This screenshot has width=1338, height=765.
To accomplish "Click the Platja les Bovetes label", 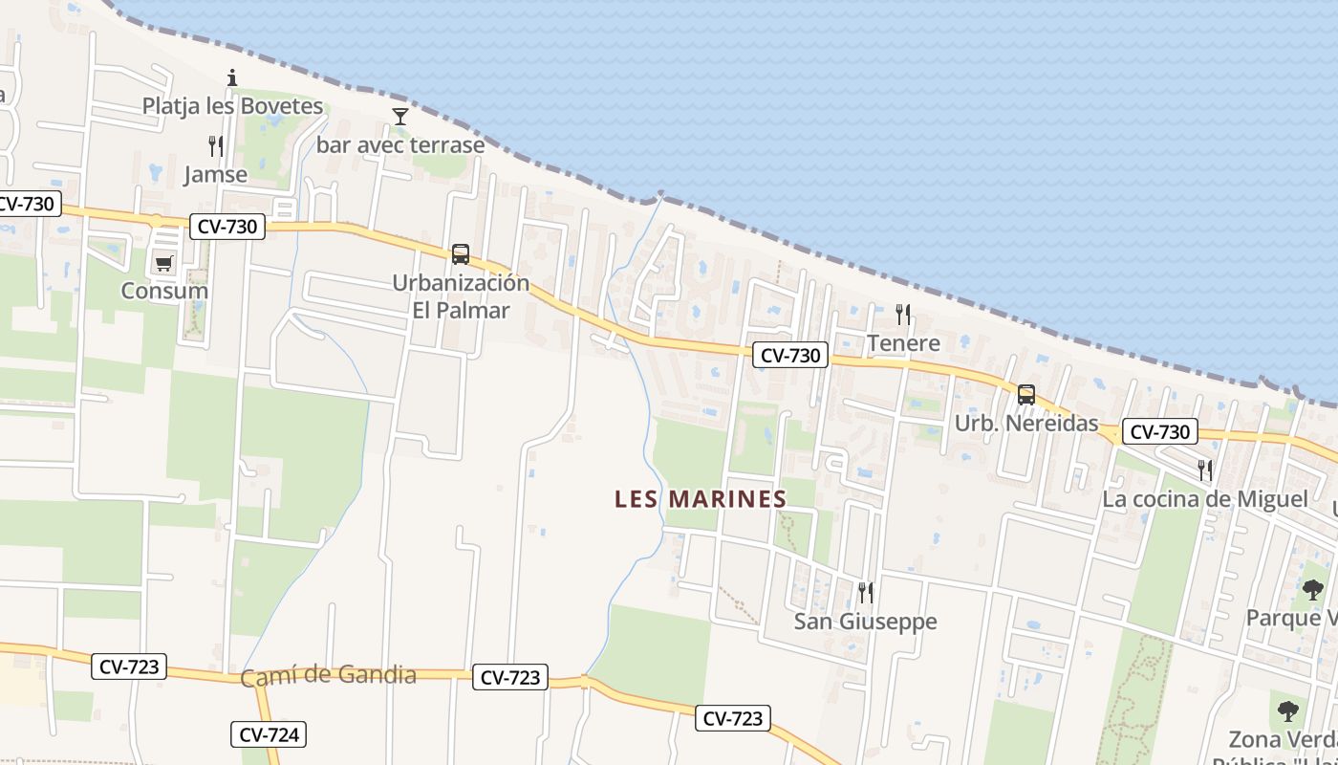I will click(x=232, y=106).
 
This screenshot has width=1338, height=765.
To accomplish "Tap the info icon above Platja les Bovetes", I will click(x=231, y=77).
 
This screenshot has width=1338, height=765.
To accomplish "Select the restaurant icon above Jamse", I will click(x=216, y=146).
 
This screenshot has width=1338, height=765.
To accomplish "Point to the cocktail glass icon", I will click(x=400, y=117).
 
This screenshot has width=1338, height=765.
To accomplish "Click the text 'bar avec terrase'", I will click(x=400, y=145).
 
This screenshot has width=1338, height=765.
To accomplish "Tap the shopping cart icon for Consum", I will click(x=163, y=263).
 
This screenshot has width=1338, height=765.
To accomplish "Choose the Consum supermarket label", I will click(x=164, y=291).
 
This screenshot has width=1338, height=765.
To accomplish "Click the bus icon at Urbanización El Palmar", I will click(x=461, y=254).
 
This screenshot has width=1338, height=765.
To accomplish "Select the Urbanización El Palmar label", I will click(x=461, y=296).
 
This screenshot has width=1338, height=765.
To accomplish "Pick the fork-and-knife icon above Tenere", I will click(x=903, y=314).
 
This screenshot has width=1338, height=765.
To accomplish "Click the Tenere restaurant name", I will click(x=903, y=342).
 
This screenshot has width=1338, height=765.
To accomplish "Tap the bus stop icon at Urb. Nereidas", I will click(x=1026, y=394).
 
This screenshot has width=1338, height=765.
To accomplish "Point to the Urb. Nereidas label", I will click(x=1026, y=423).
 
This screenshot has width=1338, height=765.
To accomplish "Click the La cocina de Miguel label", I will click(x=1204, y=499).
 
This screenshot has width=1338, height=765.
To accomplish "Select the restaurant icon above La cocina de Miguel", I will click(x=1205, y=470).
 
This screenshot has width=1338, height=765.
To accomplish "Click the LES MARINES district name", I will click(x=701, y=499).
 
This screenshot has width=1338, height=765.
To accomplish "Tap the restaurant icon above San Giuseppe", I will click(x=866, y=593).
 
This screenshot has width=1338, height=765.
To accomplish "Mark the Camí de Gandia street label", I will click(x=328, y=676).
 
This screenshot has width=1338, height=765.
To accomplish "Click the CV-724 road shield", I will click(x=269, y=734).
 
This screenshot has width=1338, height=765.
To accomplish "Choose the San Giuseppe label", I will click(x=866, y=622).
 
